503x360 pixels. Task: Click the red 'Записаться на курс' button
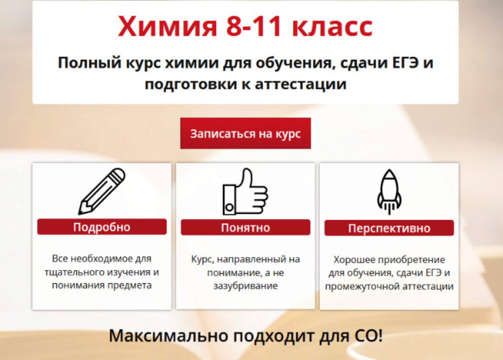[x=245, y=133]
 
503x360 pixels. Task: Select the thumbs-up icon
[x=245, y=192]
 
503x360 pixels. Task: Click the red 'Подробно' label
[x=102, y=227]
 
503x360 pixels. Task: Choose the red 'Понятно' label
[x=245, y=228]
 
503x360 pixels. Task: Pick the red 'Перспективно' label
[x=389, y=228]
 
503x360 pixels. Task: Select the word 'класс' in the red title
[x=332, y=27]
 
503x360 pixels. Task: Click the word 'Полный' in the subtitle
[x=89, y=63]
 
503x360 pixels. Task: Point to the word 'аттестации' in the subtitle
[x=300, y=84]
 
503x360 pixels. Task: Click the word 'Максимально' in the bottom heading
[x=168, y=336]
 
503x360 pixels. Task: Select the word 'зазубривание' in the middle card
[x=245, y=286]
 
